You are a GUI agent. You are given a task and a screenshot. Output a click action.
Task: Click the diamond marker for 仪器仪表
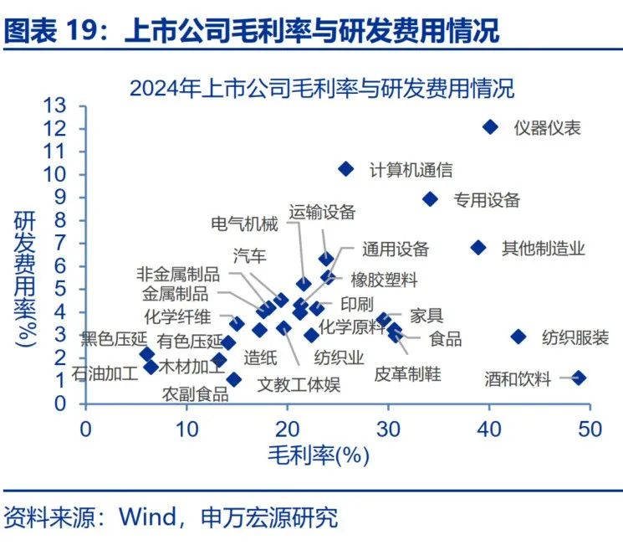(490, 127)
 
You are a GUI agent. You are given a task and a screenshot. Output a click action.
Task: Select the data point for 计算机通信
(345, 169)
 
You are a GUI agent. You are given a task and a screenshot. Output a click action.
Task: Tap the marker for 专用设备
(430, 199)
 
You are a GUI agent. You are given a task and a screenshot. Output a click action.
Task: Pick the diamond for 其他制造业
(478, 248)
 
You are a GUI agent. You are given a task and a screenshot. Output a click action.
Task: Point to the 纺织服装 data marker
(518, 337)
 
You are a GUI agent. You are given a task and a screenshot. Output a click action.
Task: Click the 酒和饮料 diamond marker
(578, 378)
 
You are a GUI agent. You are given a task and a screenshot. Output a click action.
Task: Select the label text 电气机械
(244, 224)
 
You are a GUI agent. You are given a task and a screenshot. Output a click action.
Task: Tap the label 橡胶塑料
(384, 280)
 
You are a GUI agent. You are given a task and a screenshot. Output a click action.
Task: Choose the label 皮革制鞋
(407, 373)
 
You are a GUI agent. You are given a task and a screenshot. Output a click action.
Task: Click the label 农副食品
(195, 393)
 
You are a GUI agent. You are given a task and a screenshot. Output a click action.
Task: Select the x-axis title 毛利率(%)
(319, 455)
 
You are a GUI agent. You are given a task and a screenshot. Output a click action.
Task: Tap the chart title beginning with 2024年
(321, 87)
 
